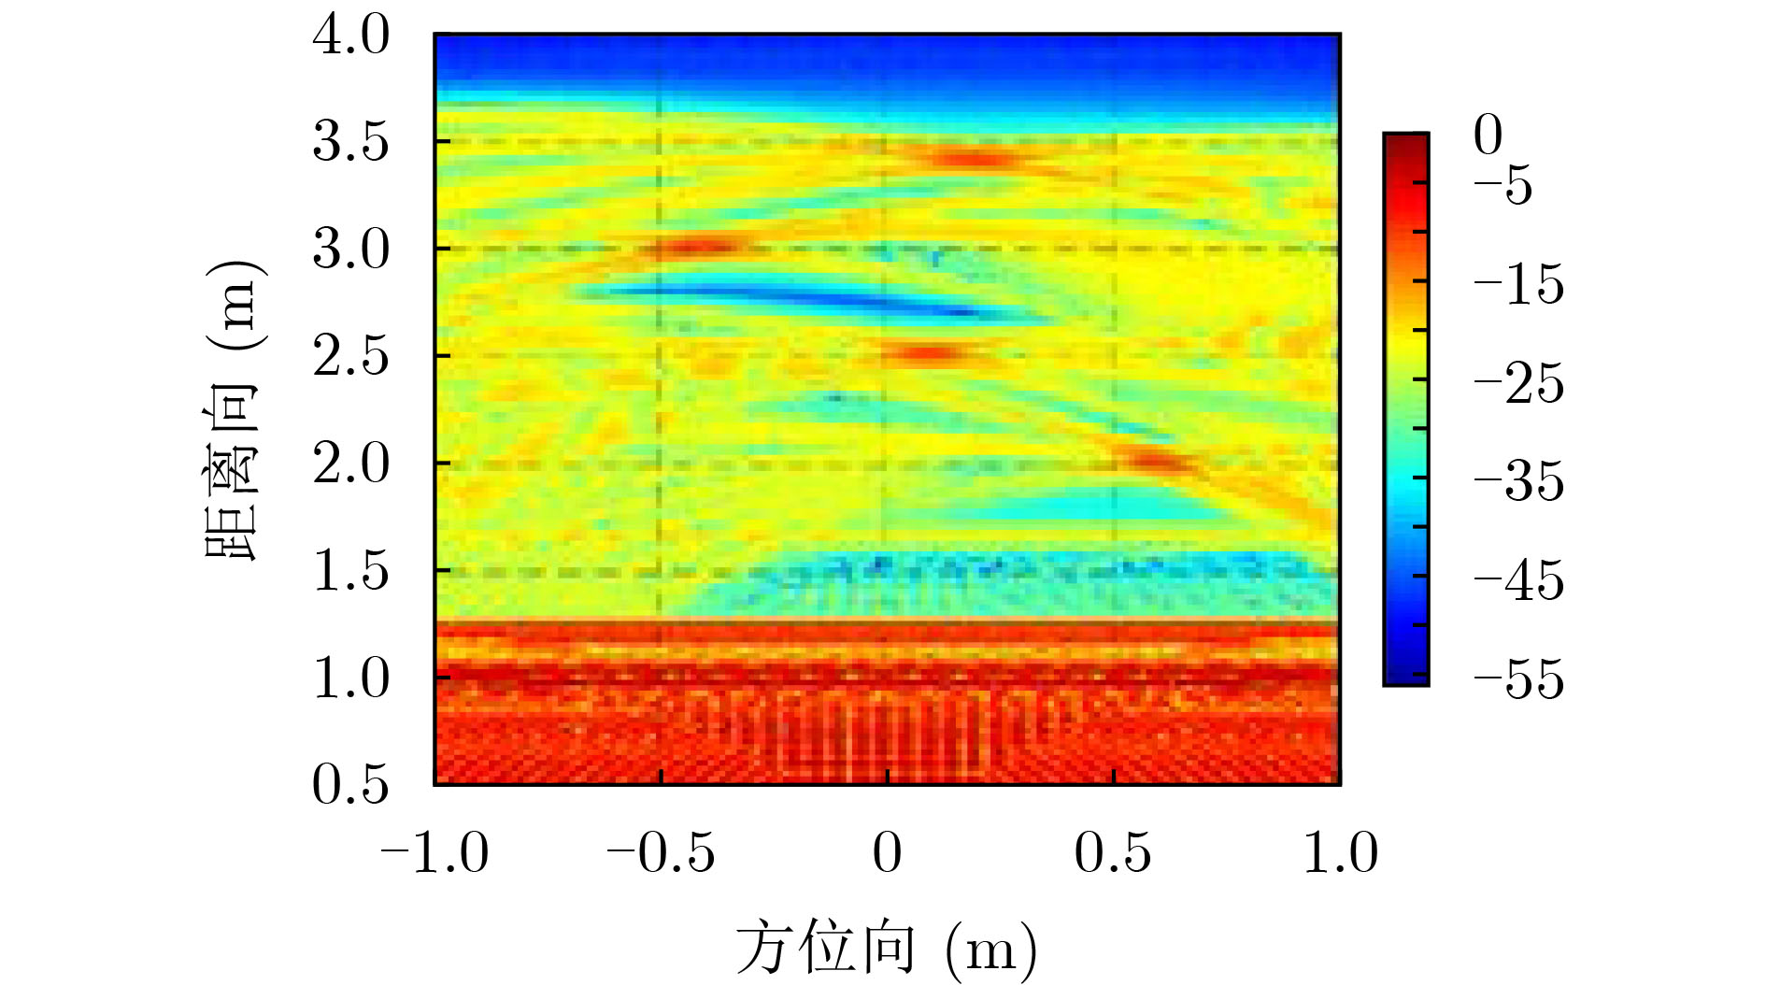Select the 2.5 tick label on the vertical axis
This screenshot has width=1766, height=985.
(350, 356)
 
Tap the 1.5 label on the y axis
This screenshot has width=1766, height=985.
(350, 570)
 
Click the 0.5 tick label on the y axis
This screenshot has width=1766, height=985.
(350, 783)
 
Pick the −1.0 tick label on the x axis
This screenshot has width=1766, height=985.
(434, 852)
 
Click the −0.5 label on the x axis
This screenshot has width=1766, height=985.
(661, 852)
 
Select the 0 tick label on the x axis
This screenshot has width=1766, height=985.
(887, 852)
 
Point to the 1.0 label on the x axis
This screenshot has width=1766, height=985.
(1340, 852)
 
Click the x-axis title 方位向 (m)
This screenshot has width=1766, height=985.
(886, 949)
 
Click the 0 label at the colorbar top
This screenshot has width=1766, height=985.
(1488, 136)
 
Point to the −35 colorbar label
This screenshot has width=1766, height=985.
(1518, 481)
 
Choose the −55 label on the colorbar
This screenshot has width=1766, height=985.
(1518, 678)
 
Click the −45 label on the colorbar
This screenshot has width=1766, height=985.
(1518, 580)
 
